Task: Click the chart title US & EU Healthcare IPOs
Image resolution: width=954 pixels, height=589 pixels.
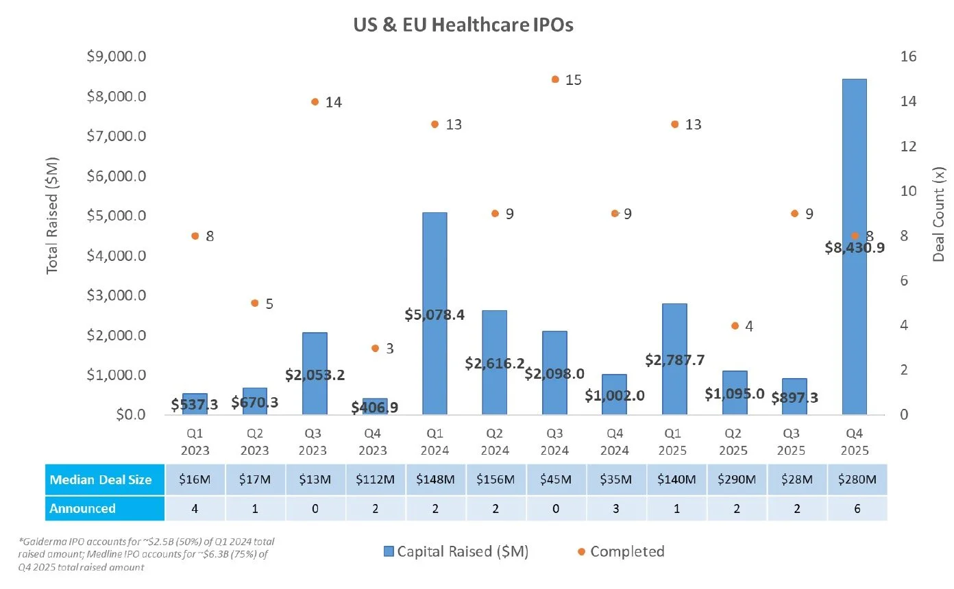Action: (463, 25)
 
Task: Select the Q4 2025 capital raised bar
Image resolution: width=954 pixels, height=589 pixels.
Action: (854, 247)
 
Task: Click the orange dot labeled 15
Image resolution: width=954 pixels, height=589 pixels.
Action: (555, 79)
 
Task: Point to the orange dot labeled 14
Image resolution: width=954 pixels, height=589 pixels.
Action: (315, 102)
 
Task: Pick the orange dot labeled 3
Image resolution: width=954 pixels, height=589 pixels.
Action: (375, 349)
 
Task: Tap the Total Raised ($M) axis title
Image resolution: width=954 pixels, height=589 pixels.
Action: (52, 216)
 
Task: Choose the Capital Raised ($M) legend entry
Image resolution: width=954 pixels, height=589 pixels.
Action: (454, 551)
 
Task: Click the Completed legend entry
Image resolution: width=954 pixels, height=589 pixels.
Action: (621, 551)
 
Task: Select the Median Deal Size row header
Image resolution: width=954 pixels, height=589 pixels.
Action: (101, 479)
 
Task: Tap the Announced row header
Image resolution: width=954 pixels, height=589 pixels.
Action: (83, 508)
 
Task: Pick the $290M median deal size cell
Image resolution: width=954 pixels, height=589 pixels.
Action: (734, 479)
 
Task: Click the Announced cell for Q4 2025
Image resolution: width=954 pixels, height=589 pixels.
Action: (854, 508)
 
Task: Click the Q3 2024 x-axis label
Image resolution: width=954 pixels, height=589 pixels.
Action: (555, 442)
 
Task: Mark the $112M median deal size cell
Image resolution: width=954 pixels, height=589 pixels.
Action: (375, 479)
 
